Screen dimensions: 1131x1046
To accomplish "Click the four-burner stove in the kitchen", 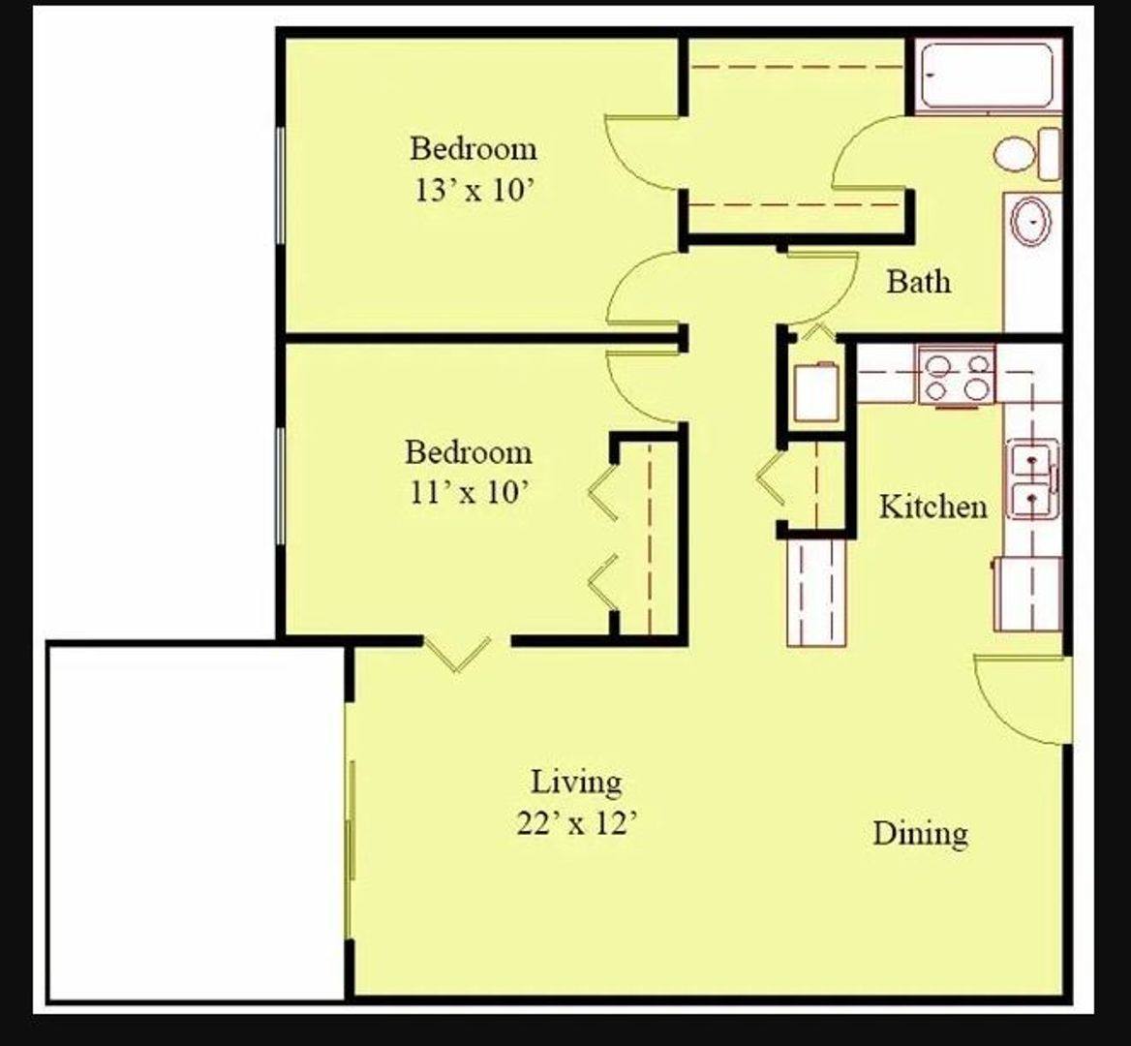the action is pos(957,376).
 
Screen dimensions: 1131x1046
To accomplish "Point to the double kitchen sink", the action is pos(1032,479).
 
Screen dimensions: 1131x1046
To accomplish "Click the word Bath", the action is pos(918,281).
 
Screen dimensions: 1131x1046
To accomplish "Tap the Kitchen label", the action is pos(932,507).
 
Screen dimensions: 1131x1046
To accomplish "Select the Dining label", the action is pos(920,833).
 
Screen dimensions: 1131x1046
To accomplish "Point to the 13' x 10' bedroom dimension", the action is pos(474,191).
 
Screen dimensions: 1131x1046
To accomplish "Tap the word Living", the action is pos(576,783).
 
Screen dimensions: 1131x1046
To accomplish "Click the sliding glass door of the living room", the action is pos(350,818).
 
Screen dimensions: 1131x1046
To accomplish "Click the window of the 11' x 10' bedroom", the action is pos(281,485).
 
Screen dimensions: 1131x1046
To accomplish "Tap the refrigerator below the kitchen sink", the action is pos(1027,594).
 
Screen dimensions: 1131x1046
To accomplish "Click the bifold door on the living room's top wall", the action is pos(457,654).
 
